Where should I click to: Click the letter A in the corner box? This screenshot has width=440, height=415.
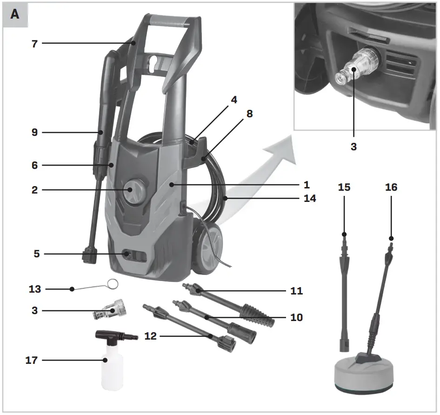15,14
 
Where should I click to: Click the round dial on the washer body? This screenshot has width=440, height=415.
134,191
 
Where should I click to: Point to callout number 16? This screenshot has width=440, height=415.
391,187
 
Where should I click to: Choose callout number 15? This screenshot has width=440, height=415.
344,187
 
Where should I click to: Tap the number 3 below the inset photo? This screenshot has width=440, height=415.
353,147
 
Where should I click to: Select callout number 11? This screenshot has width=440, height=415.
296,291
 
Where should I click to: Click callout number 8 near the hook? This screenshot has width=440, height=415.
250,114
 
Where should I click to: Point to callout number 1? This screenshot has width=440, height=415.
307,185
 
